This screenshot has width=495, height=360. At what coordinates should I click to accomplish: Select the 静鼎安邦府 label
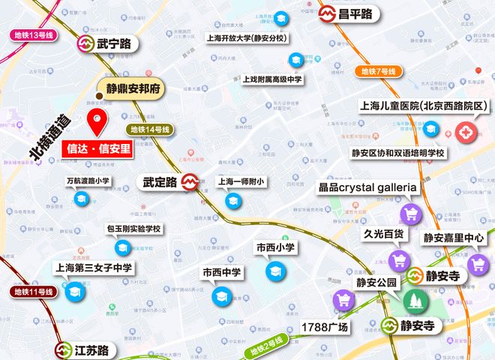coord(134,88)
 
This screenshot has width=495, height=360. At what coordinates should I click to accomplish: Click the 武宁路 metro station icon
coord(85,44)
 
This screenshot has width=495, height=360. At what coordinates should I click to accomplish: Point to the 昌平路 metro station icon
coord(328,14)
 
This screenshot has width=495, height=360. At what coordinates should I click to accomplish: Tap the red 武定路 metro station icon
coord(190,182)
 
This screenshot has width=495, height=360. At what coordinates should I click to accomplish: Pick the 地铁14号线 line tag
coord(151,130)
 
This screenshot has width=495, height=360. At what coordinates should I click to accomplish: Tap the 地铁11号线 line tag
coord(34,291)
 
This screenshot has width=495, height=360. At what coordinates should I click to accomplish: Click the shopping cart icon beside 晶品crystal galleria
coord(409,214)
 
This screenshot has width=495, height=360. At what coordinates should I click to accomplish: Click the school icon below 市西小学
coord(274,271)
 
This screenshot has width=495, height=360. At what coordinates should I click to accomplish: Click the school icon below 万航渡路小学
coord(81,199)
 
